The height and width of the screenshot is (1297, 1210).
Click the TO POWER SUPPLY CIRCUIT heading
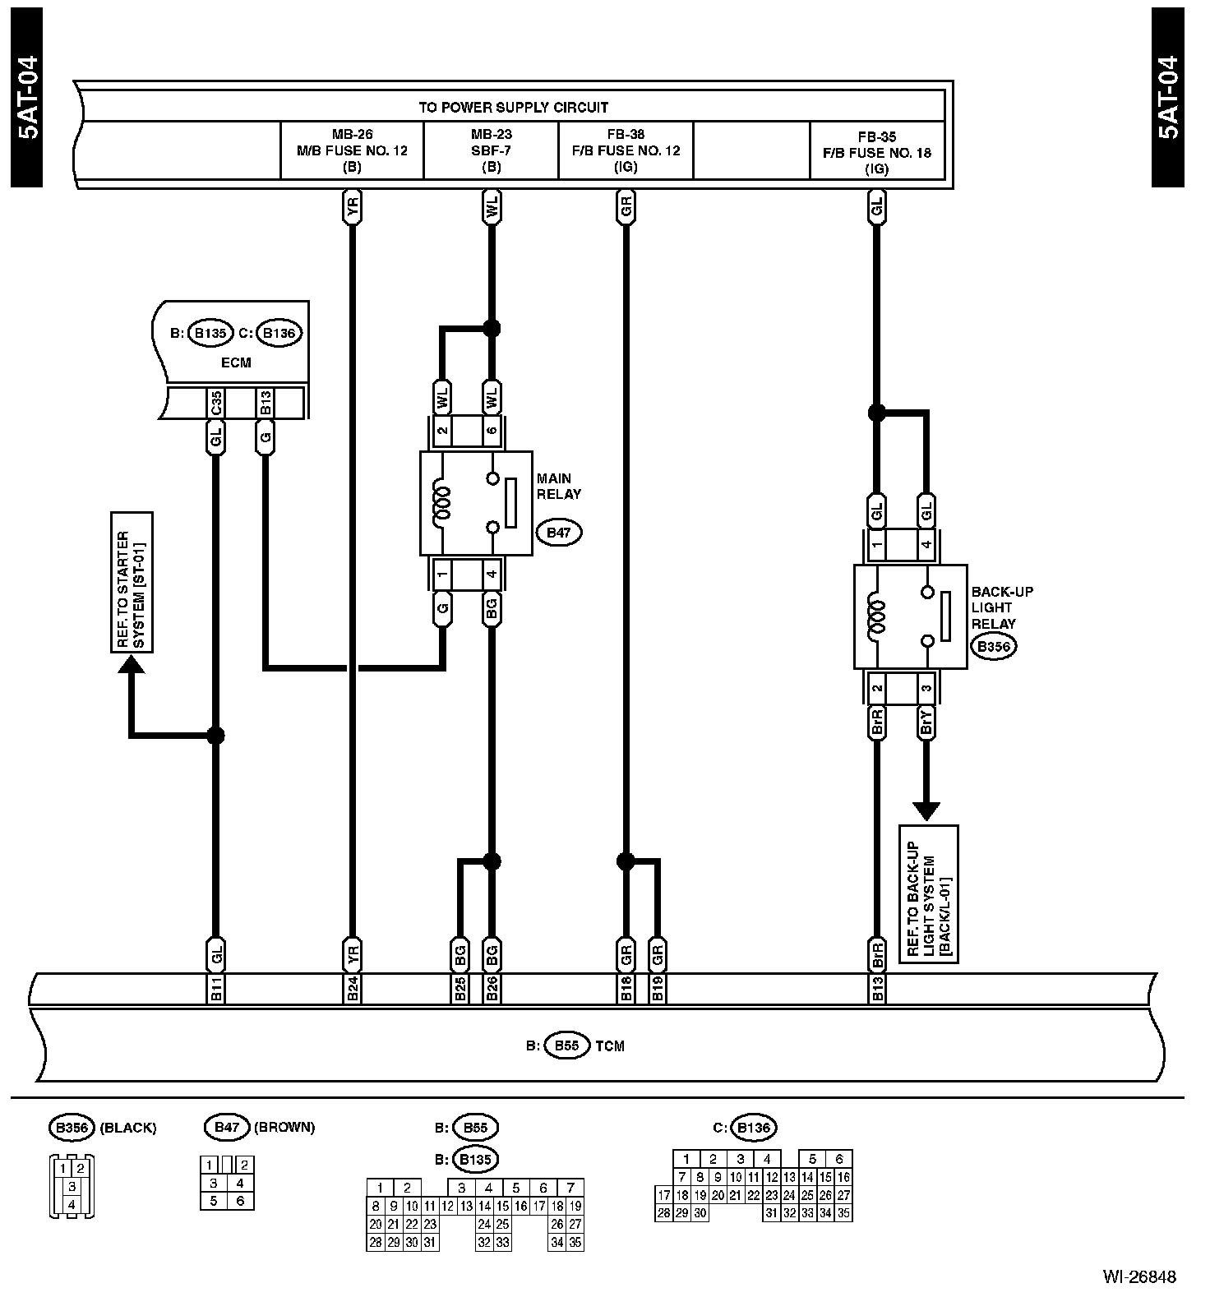click(513, 107)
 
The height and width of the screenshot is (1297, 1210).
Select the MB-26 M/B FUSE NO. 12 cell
click(352, 150)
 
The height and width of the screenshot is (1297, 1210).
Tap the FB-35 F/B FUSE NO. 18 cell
click(877, 152)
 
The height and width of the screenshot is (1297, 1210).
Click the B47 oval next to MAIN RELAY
click(558, 533)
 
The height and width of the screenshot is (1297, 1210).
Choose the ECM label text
click(236, 362)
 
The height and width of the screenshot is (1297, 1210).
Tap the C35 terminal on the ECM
click(215, 403)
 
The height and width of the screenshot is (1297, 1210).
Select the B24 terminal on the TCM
click(352, 990)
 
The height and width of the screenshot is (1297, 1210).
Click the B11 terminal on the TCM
click(215, 990)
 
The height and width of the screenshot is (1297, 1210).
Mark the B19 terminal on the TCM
click(657, 990)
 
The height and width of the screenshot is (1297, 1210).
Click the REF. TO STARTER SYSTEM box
click(132, 582)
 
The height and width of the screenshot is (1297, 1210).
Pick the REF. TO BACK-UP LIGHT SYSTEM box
click(928, 893)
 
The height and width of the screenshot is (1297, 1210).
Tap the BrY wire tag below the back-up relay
click(926, 722)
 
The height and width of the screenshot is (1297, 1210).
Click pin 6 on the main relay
click(492, 431)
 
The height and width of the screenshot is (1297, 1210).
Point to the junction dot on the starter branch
click(215, 736)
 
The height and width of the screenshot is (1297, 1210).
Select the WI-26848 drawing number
click(1139, 1276)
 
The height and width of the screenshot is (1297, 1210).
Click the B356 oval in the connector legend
click(72, 1127)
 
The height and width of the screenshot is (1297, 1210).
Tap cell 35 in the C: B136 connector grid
click(843, 1212)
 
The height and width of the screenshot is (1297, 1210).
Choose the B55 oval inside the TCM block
click(566, 1045)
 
